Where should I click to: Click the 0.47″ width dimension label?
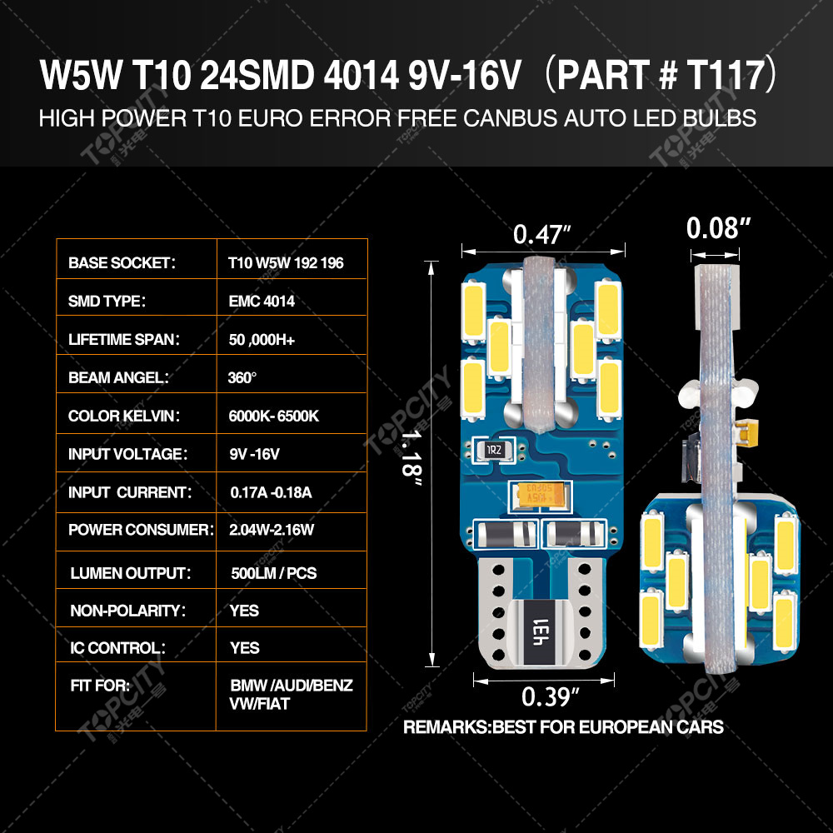coord(542,235)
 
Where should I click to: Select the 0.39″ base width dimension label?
coord(551,695)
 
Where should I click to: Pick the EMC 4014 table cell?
coord(261,302)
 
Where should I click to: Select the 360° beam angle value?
coord(242,377)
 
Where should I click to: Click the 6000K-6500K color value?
coord(273,416)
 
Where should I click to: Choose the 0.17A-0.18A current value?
coord(271,492)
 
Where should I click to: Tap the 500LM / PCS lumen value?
coord(274,573)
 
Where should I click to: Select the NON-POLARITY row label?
coord(125,611)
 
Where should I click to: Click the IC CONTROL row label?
coord(117,648)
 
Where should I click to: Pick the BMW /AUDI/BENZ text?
coord(292,686)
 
